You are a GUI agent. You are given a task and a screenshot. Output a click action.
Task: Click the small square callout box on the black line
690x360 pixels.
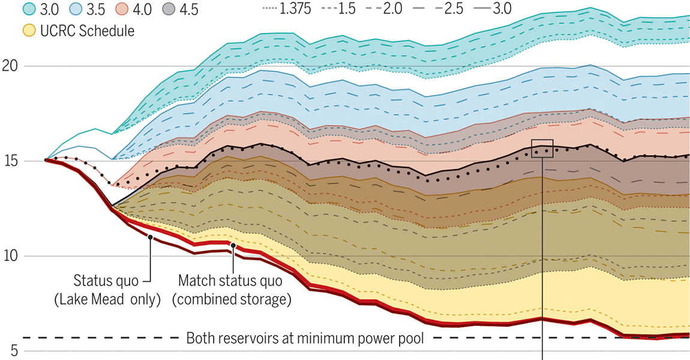[542, 148]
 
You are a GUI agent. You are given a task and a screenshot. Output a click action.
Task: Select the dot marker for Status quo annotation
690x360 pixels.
[150, 238]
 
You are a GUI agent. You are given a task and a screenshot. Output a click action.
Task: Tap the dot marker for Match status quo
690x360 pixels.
[233, 245]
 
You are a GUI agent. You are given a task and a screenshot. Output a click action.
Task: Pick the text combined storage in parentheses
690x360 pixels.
[232, 299]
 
